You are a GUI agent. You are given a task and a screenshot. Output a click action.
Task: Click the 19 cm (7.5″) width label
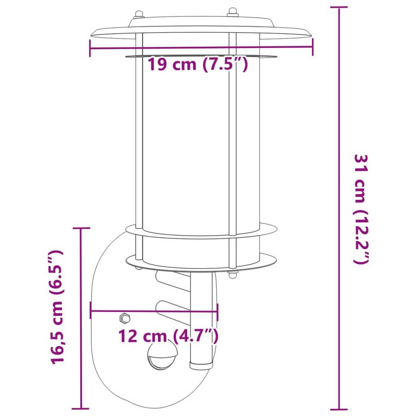click(x=198, y=65)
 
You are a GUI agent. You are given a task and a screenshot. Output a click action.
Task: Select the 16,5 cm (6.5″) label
click(x=58, y=306)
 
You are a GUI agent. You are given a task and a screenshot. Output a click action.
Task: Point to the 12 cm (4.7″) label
click(x=169, y=336)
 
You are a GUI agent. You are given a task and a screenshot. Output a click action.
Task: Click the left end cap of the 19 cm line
click(x=91, y=47)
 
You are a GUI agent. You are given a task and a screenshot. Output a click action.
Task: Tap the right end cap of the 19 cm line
click(x=313, y=47)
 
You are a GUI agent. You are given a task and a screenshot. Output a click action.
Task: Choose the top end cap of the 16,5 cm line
click(x=82, y=228)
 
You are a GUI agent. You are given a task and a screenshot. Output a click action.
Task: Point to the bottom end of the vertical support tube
click(x=201, y=364)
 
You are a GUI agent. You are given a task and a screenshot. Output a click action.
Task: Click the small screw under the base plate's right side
click(x=233, y=275)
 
